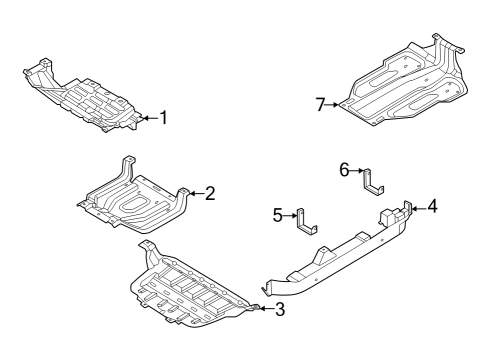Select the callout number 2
click(x=210, y=193)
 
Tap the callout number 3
click(x=280, y=309)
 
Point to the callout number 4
click(x=432, y=207)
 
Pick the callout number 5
click(x=278, y=214)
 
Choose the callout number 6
click(x=344, y=171)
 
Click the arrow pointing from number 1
click(x=148, y=117)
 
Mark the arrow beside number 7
click(x=335, y=104)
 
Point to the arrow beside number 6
click(x=357, y=171)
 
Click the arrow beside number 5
click(x=291, y=214)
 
